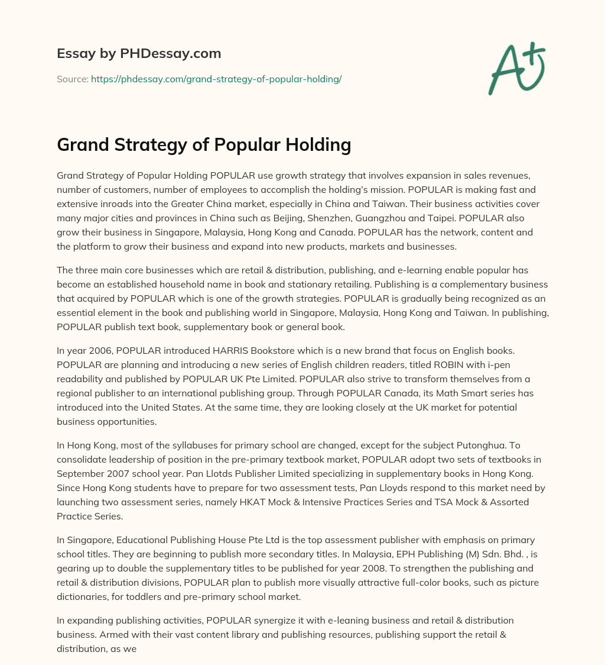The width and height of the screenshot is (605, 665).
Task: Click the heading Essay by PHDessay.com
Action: click(139, 54)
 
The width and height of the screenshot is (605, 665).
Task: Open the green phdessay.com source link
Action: click(216, 79)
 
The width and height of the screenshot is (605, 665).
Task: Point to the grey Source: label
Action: click(72, 79)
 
